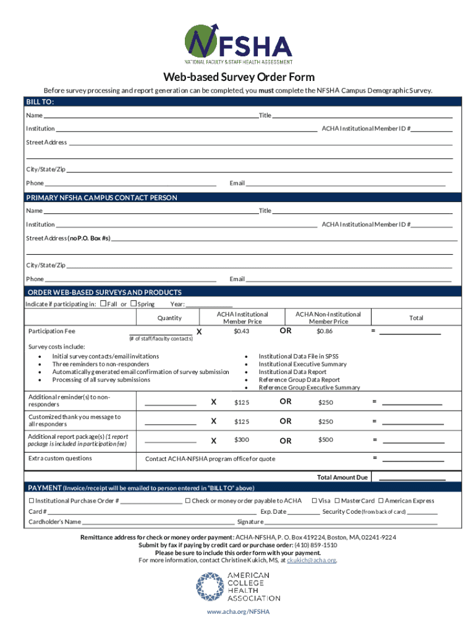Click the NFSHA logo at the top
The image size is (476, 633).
238,44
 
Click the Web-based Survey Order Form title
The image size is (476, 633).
238,77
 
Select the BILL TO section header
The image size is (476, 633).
40,101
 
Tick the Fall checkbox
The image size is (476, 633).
103,304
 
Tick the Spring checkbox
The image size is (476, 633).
133,304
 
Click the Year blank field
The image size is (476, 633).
209,304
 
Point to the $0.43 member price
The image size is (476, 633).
242,331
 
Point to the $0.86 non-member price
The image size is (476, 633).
325,331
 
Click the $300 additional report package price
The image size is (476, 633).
242,440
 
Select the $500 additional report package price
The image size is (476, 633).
325,440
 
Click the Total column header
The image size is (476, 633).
416,318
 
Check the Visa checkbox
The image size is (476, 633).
315,501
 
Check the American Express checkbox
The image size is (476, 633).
381,501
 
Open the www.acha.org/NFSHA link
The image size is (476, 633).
238,611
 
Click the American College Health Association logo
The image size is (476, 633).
238,587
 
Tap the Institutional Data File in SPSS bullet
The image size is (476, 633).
298,356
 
